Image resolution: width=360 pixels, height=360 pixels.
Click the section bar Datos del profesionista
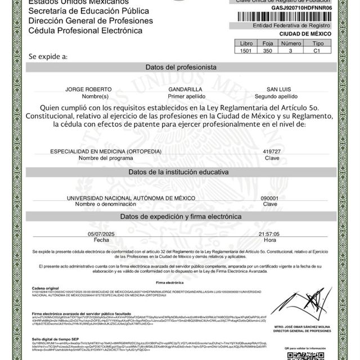pyautogui.click(x=181, y=67)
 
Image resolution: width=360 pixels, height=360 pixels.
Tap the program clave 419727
pyautogui.click(x=272, y=151)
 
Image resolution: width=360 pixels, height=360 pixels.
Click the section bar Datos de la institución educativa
pyautogui.click(x=181, y=172)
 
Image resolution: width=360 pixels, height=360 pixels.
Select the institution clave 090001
pyautogui.click(x=270, y=199)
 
